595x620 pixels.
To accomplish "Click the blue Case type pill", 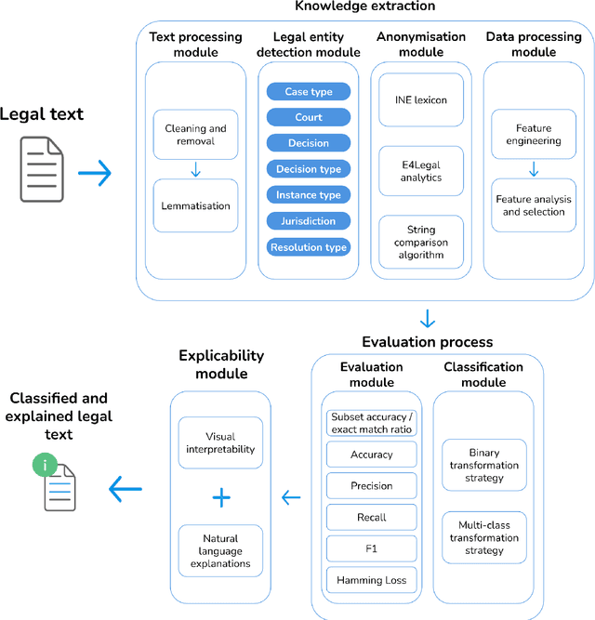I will pyautogui.click(x=308, y=92).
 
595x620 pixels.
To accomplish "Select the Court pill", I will pyautogui.click(x=308, y=118).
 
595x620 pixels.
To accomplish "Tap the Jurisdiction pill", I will pyautogui.click(x=308, y=221).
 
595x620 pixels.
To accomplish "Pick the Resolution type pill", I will pyautogui.click(x=308, y=247).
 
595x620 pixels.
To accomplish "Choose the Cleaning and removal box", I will pyautogui.click(x=196, y=135).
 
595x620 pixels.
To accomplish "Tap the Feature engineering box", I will pyautogui.click(x=534, y=135).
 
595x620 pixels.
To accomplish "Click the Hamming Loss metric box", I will pyautogui.click(x=371, y=580).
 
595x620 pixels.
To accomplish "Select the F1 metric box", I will pyautogui.click(x=371, y=548).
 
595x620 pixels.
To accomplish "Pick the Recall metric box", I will pyautogui.click(x=371, y=517).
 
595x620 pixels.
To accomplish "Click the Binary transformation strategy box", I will pyautogui.click(x=483, y=466).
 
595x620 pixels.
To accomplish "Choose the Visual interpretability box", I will pyautogui.click(x=220, y=442).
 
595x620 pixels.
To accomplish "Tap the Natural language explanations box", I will pyautogui.click(x=220, y=551).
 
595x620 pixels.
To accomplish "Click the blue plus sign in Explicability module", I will pyautogui.click(x=220, y=497).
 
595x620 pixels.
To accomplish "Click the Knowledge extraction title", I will pyautogui.click(x=364, y=7).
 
